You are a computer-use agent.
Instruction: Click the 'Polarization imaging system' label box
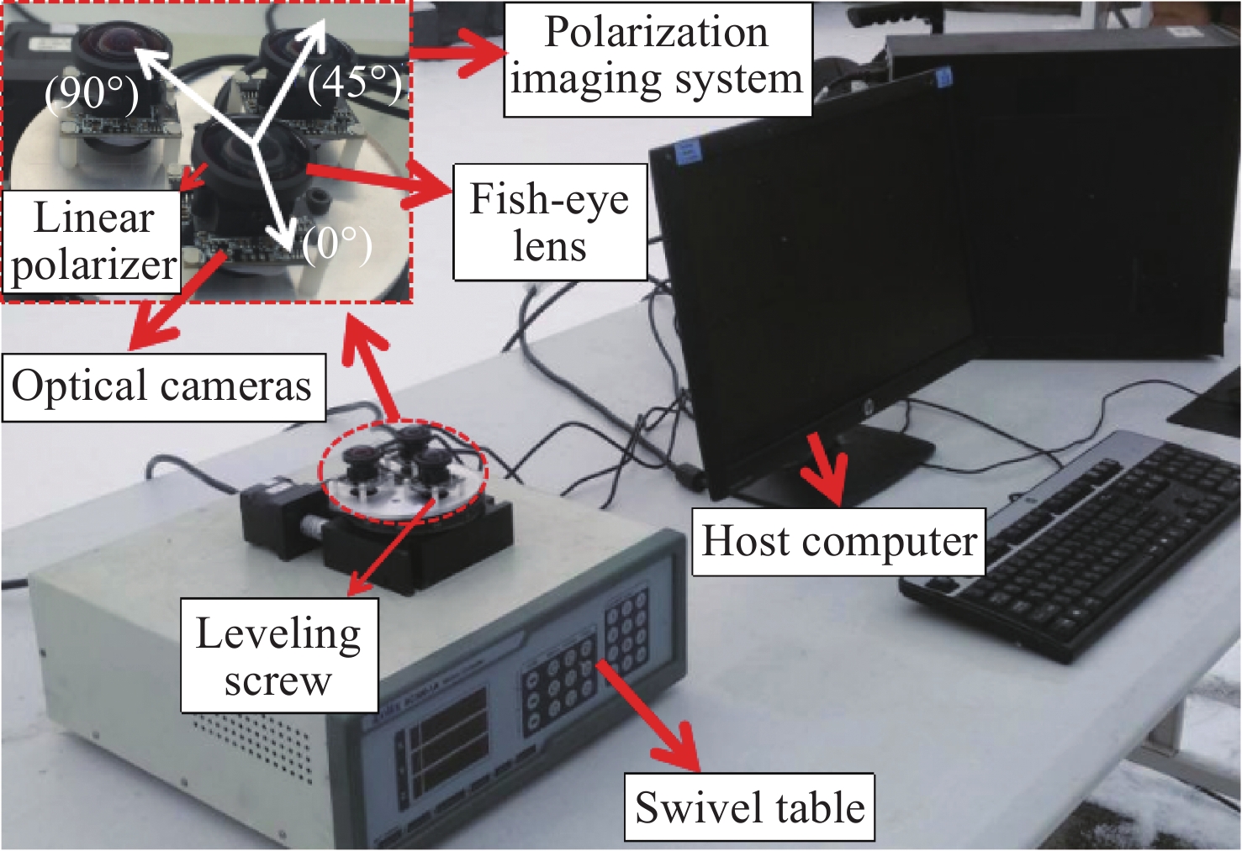click(x=657, y=58)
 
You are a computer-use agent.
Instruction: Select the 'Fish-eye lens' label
click(x=550, y=222)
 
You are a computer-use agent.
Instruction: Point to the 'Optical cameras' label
click(x=162, y=386)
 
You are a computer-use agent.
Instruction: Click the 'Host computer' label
click(x=838, y=542)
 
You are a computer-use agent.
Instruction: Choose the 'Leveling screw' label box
click(x=278, y=656)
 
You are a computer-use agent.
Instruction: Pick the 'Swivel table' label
click(x=749, y=807)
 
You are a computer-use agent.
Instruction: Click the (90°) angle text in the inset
click(x=92, y=92)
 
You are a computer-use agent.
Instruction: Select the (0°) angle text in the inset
click(x=337, y=244)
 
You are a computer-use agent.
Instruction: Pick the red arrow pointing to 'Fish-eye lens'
click(x=378, y=181)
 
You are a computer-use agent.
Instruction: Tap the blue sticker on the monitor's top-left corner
click(x=687, y=152)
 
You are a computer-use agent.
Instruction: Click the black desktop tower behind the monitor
click(x=1093, y=185)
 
